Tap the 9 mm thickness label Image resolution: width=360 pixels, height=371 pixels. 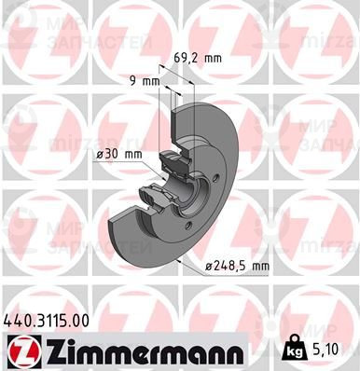coord(143,80)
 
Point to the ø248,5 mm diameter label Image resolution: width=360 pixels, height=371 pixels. coord(238,266)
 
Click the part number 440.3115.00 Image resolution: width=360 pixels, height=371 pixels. coord(49,320)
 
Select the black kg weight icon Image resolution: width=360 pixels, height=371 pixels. coord(294,350)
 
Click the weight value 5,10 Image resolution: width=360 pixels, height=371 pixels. coord(331,351)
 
